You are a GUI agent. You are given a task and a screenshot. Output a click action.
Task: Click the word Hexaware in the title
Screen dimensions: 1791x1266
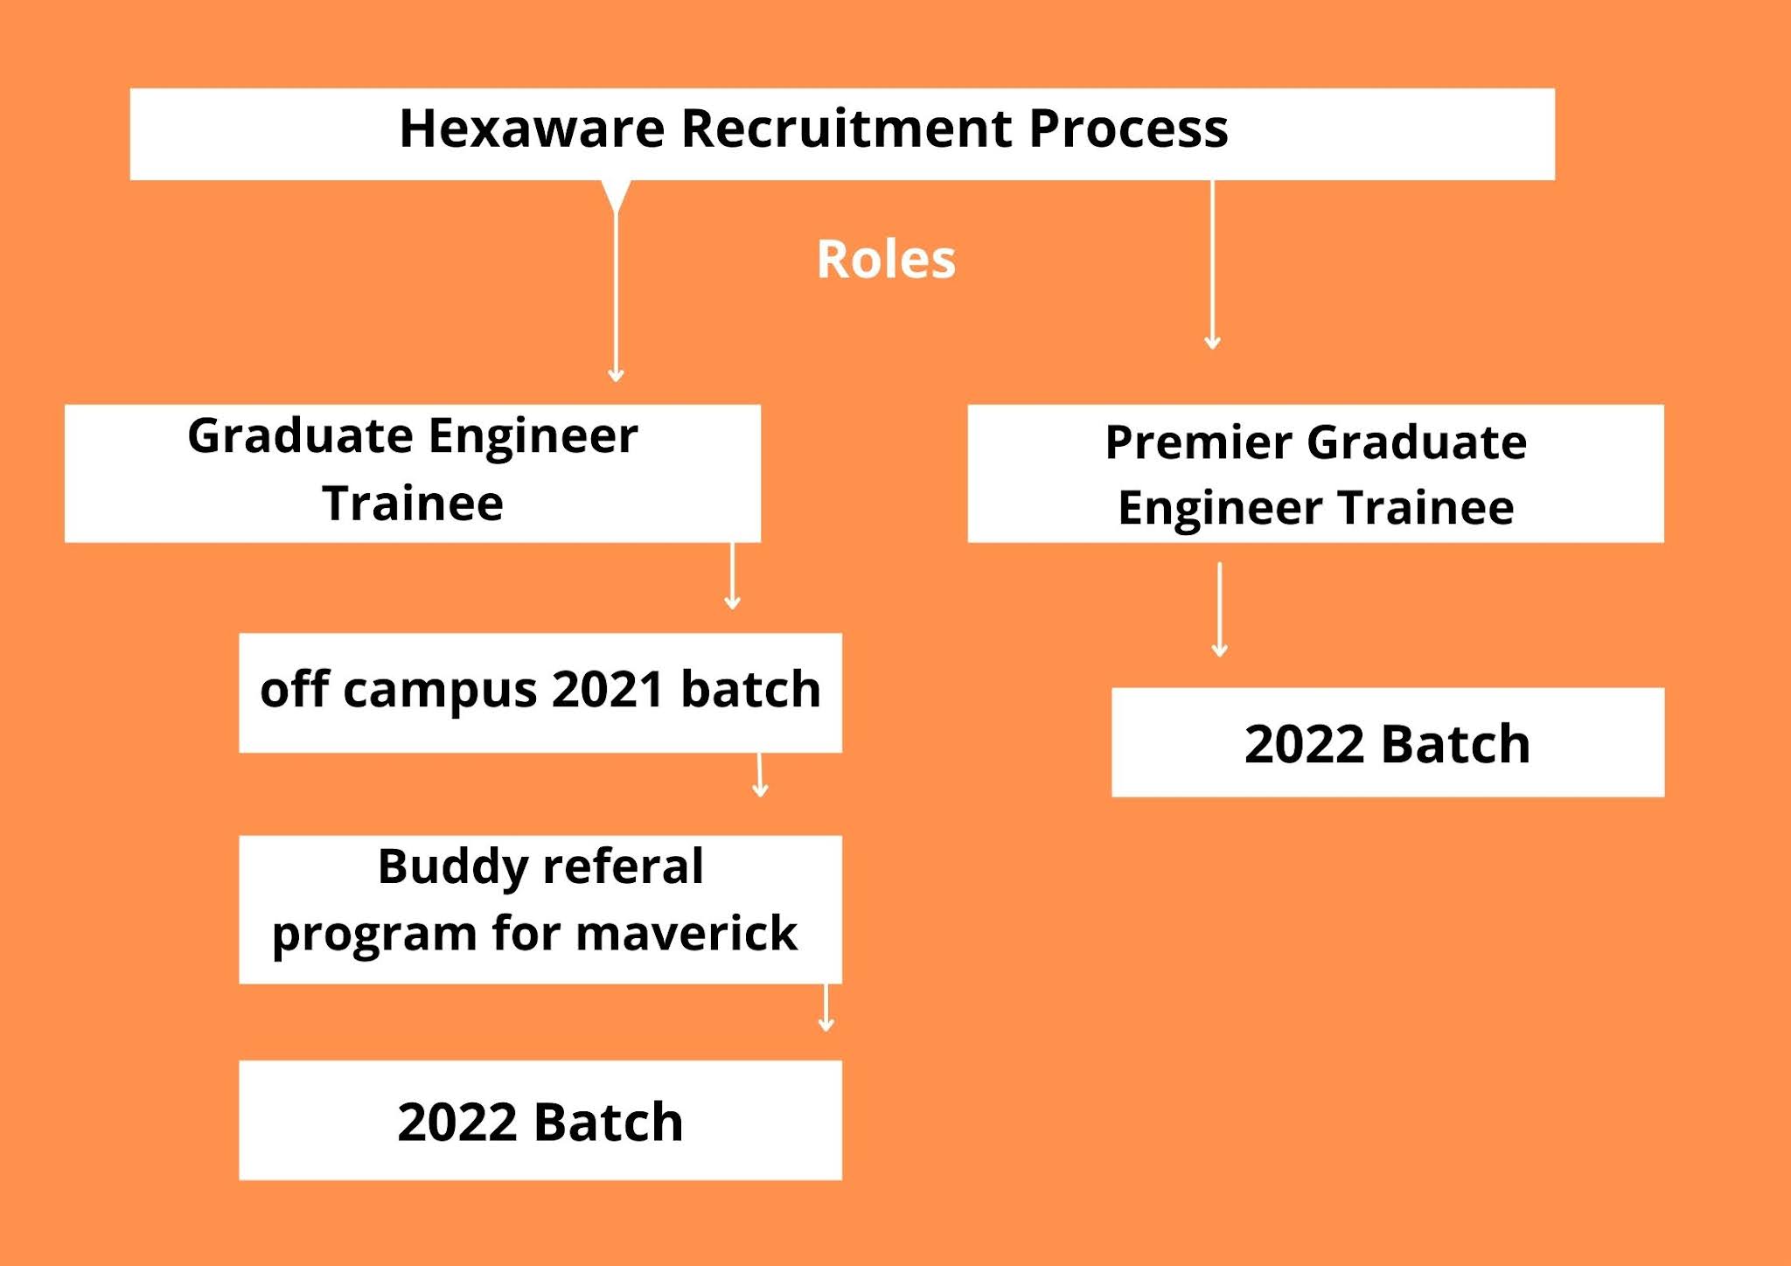[x=531, y=129]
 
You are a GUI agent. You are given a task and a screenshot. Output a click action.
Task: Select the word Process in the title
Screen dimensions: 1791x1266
[x=1127, y=129]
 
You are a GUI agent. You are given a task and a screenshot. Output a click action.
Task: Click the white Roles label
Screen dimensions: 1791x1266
[x=885, y=260]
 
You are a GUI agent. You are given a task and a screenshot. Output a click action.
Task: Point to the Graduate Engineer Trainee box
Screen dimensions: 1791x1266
[x=412, y=473]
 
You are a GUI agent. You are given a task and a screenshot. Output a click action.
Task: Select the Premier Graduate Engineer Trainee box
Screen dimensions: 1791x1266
[x=1314, y=473]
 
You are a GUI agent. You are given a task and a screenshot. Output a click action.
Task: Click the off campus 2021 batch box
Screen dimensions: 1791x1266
[x=540, y=692]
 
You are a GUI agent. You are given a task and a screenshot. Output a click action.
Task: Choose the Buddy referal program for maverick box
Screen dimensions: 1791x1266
[x=540, y=908]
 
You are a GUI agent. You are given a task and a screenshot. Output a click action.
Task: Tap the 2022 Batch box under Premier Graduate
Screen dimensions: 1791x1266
[x=1387, y=742]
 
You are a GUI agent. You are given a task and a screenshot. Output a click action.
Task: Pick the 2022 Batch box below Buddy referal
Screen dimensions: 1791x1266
[x=540, y=1120]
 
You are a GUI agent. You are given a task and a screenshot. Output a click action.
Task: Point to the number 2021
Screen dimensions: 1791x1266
[x=607, y=689]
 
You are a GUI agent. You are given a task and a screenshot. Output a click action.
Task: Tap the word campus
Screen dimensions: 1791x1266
[x=439, y=691]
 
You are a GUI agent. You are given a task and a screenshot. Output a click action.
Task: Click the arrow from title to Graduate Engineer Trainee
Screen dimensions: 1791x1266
[x=616, y=289]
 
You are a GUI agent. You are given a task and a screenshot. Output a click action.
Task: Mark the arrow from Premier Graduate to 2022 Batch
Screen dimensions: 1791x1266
[x=1219, y=609]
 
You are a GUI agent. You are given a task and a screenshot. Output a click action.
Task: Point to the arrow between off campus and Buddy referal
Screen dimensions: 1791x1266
[x=760, y=775]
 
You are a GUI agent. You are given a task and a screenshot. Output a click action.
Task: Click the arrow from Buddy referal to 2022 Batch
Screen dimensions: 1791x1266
[x=826, y=1007]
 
